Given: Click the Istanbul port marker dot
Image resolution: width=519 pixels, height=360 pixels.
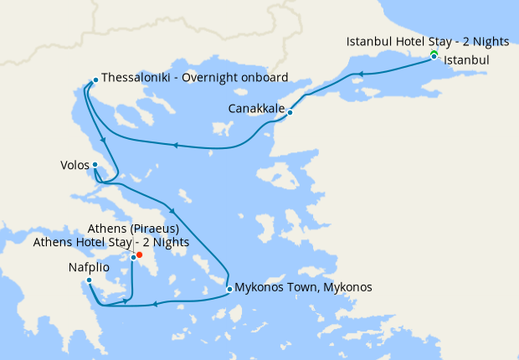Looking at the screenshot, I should pyautogui.click(x=434, y=57).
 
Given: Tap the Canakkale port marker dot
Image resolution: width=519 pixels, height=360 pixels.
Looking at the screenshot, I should pyautogui.click(x=290, y=112).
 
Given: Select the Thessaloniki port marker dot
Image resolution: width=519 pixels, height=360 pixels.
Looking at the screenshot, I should pyautogui.click(x=95, y=80).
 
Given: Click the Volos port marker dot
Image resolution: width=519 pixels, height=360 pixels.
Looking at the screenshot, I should pyautogui.click(x=95, y=165).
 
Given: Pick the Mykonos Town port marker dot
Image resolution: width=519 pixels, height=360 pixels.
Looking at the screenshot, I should pyautogui.click(x=229, y=290).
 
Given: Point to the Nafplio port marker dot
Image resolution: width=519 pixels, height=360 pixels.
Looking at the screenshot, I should pyautogui.click(x=89, y=280).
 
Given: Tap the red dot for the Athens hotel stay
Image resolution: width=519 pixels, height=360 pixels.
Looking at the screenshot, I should pyautogui.click(x=139, y=255).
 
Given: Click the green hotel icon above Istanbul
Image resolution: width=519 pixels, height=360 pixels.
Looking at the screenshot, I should pyautogui.click(x=434, y=53).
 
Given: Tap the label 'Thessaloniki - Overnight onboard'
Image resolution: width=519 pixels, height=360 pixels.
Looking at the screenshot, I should pyautogui.click(x=195, y=78).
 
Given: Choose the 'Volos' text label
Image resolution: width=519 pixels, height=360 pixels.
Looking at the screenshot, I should pyautogui.click(x=75, y=165).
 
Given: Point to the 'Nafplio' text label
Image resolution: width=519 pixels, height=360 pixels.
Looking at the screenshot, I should pyautogui.click(x=89, y=268).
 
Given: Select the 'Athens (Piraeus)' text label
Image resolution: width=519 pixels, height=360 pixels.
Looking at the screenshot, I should pyautogui.click(x=134, y=229).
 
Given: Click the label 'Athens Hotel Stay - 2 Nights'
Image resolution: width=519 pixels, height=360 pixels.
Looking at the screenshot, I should pyautogui.click(x=111, y=243).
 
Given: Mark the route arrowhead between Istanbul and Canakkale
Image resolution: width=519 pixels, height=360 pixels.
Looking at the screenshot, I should pyautogui.click(x=362, y=75).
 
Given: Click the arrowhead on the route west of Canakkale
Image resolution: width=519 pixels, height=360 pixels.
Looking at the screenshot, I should pyautogui.click(x=176, y=145).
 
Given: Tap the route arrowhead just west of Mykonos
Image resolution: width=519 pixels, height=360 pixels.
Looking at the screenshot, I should pyautogui.click(x=155, y=302).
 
